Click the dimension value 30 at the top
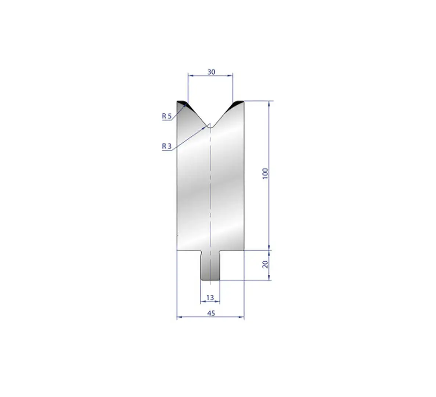coord(211,72)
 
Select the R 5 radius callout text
coord(167,116)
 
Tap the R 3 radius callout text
coord(167,146)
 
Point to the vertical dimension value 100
coord(265,174)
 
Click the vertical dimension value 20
coord(265,264)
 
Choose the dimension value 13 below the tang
coord(210,298)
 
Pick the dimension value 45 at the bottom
coord(211,313)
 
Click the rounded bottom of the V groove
coord(210,127)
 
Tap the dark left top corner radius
coord(183,103)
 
